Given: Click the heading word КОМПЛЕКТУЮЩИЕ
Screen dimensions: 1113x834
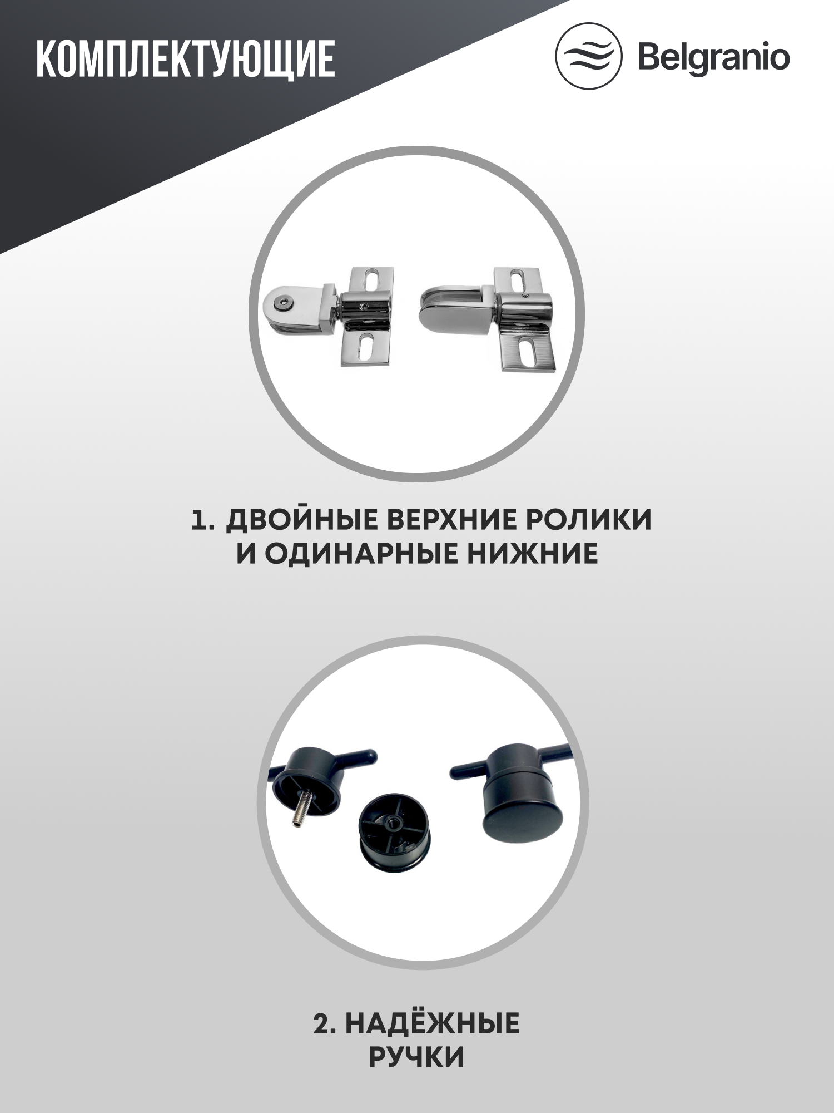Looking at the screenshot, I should (x=186, y=58).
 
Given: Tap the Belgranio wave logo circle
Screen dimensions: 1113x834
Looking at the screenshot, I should (x=589, y=56).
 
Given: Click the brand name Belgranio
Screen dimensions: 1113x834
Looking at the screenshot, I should (x=714, y=57).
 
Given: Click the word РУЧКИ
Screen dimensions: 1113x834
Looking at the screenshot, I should (x=416, y=1057).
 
